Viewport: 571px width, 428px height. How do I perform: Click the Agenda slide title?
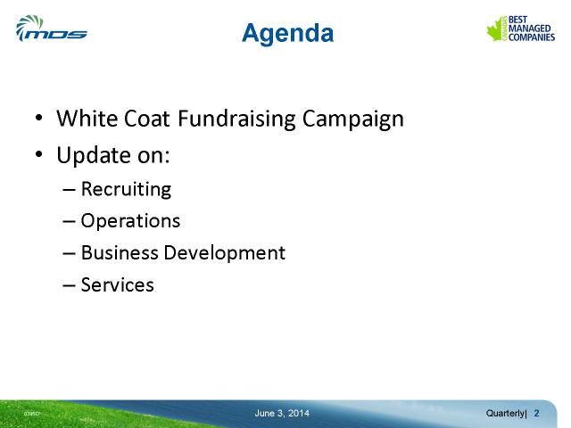coord(287,34)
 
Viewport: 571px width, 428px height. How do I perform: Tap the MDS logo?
coord(52,29)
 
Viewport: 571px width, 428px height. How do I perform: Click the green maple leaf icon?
coord(496,29)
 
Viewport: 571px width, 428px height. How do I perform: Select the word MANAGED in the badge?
coord(529,29)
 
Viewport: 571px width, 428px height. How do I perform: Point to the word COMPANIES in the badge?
coord(532,37)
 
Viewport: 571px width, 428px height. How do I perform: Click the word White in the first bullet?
coord(87,118)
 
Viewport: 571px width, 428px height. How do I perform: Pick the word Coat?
coord(146,119)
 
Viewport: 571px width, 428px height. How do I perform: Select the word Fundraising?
coord(236,119)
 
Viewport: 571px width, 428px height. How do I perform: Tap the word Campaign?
coord(353,119)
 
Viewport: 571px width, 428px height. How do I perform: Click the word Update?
coord(94,155)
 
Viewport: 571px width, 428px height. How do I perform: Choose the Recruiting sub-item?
coord(126,189)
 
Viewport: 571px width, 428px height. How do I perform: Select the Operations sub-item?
coord(130,221)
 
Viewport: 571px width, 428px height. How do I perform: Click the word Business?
coord(120,252)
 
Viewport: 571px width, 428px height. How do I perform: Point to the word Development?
coord(224,253)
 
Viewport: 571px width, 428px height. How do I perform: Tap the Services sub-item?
coord(117,284)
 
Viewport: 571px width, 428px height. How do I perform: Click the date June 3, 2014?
coord(282,414)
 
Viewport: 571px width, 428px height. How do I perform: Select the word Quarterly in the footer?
coord(506,414)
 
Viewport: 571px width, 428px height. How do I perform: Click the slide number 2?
coord(536,414)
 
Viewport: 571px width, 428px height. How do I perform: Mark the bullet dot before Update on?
coord(39,154)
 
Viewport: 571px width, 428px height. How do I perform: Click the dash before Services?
coord(69,285)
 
